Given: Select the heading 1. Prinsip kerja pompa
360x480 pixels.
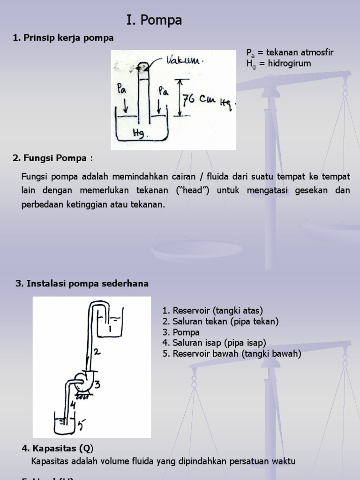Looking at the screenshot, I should [63, 38].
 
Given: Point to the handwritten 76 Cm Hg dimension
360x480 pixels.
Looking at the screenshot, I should [208, 100].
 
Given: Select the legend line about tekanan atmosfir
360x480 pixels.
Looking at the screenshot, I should [290, 52].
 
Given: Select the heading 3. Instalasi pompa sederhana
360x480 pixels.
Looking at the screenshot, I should [82, 283].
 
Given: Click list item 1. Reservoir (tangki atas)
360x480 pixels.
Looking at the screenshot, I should [212, 310].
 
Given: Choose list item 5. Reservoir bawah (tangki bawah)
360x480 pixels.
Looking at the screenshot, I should [232, 354].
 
